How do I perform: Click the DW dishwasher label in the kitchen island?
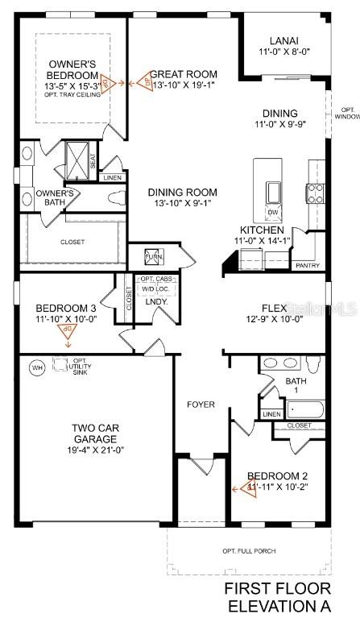coord(272,213)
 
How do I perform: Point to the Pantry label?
coord(308,265)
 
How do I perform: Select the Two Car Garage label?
coord(96,433)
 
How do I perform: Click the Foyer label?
coord(201,404)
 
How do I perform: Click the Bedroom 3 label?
coord(66,309)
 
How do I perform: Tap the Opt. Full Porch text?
coord(248,551)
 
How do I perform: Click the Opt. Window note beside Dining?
coord(348,114)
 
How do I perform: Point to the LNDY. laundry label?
coord(155,302)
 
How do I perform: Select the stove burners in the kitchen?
coord(314,193)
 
